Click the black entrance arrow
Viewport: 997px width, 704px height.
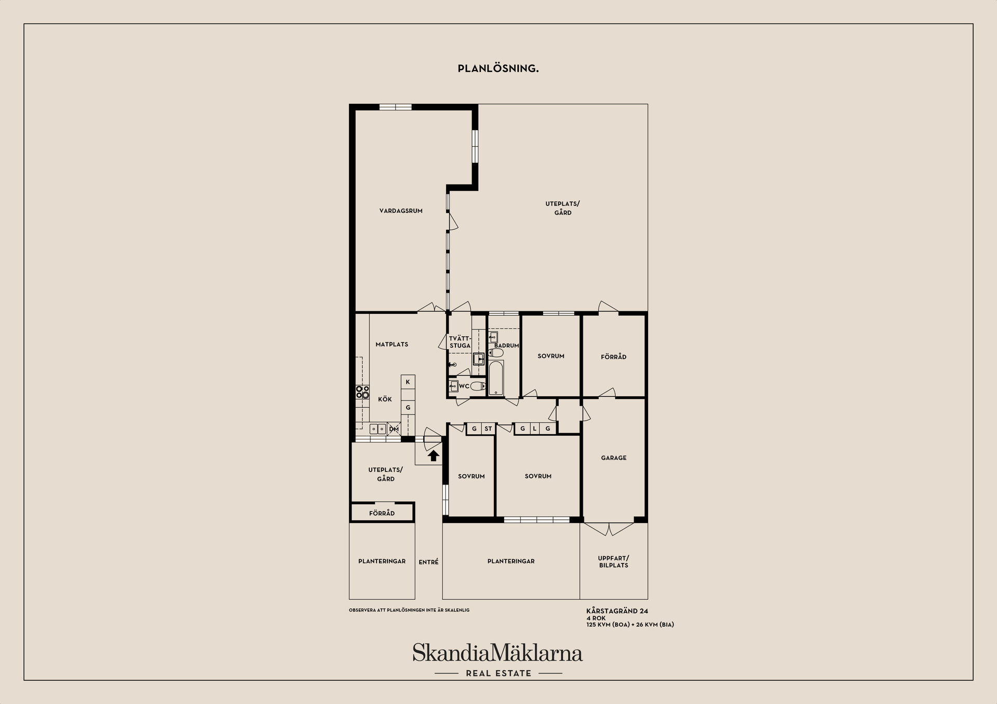(x=434, y=455)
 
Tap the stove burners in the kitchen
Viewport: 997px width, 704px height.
(x=362, y=392)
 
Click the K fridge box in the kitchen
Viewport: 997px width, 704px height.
(x=408, y=382)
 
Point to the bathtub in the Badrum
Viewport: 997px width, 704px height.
(x=496, y=378)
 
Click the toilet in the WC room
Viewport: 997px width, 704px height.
(x=478, y=385)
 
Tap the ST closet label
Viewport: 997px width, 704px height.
(x=488, y=429)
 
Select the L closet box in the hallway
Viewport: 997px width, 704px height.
(x=534, y=429)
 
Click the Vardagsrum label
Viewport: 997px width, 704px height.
(x=401, y=211)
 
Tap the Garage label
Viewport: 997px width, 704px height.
(x=614, y=458)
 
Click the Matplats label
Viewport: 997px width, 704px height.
(x=392, y=344)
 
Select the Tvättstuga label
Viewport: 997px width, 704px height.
(x=460, y=342)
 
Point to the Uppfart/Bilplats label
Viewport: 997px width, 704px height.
(x=614, y=561)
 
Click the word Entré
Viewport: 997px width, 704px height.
(x=428, y=562)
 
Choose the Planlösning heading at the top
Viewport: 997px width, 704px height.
(x=498, y=68)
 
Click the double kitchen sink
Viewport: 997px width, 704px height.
(x=378, y=429)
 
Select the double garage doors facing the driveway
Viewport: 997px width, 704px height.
(x=609, y=529)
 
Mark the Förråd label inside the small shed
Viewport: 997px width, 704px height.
(x=382, y=513)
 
